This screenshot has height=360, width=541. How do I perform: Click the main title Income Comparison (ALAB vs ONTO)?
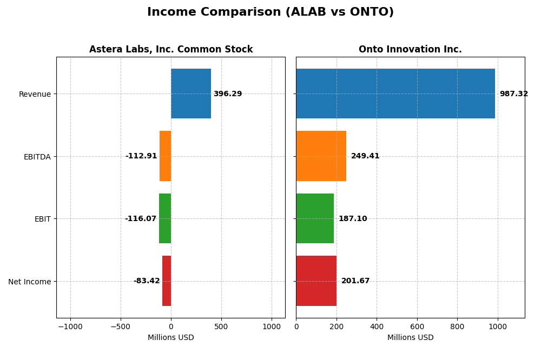(x=270, y=12)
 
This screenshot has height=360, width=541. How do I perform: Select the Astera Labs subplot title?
(x=171, y=50)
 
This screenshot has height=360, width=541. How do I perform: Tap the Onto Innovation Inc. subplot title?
(x=410, y=50)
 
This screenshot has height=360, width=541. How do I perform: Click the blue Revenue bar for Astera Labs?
(x=191, y=94)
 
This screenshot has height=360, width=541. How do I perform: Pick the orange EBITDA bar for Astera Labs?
(x=165, y=156)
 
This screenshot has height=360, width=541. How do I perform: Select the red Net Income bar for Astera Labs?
(x=167, y=281)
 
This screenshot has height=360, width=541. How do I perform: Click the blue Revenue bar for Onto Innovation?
(x=395, y=94)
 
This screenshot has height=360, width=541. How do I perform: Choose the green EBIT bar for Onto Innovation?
(x=315, y=218)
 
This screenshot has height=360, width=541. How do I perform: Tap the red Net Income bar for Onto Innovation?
(x=316, y=281)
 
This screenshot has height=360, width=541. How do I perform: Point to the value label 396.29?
(x=228, y=94)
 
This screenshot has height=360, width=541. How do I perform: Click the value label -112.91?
(x=141, y=156)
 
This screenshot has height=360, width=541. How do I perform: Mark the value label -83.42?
(x=147, y=281)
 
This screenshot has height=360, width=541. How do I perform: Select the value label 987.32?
(x=513, y=94)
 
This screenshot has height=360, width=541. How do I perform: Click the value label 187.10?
(x=353, y=219)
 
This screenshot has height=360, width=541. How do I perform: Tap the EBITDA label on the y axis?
(x=37, y=157)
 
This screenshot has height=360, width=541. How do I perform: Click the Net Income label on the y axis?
(x=30, y=282)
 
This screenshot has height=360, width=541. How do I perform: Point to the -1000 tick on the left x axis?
(x=70, y=326)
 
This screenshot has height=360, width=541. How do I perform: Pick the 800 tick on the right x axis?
(x=457, y=326)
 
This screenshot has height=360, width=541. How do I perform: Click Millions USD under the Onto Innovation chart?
(x=410, y=338)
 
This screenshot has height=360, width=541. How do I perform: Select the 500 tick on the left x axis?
(x=221, y=326)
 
